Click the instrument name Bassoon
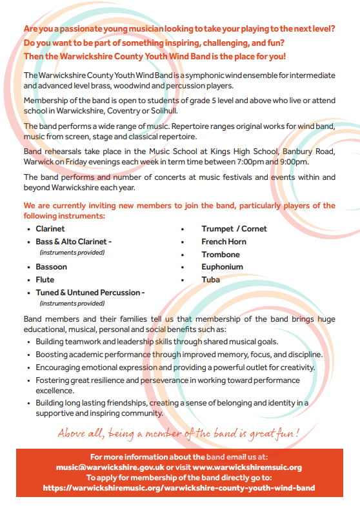tap(51, 267)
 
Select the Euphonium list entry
tap(222, 267)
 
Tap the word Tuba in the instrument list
tap(210, 280)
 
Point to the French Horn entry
tap(223, 242)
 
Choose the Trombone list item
tap(220, 255)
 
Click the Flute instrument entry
tap(45, 280)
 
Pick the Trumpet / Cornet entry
tap(234, 229)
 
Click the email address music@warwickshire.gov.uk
tap(110, 467)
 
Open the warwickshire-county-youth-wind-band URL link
tap(179, 488)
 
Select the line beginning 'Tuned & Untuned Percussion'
tap(90, 293)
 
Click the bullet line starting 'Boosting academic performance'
tap(179, 355)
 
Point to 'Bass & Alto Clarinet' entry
tap(74, 242)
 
